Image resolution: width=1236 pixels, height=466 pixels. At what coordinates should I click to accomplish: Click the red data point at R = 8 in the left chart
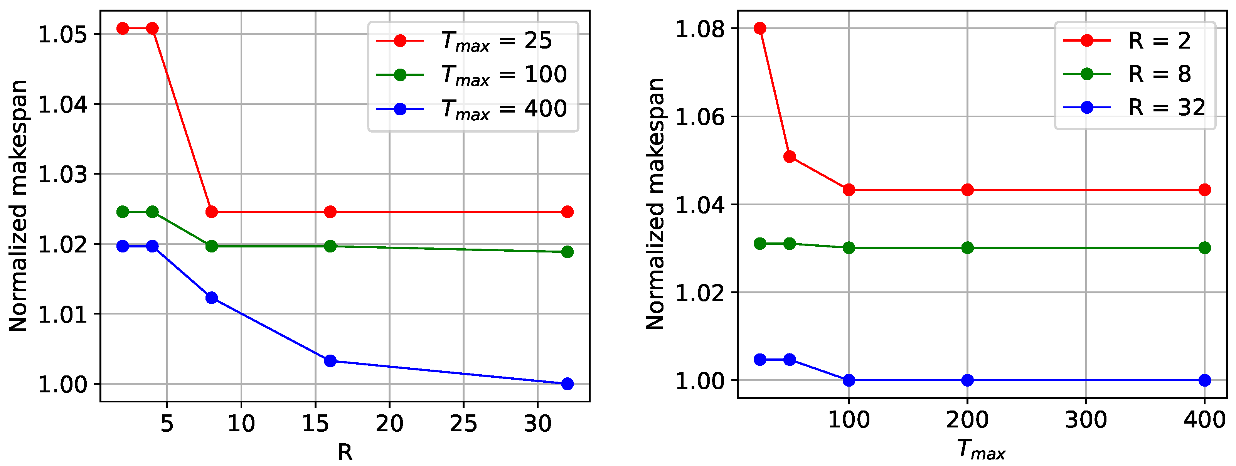tap(212, 212)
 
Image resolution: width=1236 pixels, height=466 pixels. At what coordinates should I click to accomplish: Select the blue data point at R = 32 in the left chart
tap(567, 384)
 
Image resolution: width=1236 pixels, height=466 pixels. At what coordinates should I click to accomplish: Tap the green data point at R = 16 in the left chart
tap(330, 246)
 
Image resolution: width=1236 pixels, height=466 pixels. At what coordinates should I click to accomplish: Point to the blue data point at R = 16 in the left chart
tap(330, 360)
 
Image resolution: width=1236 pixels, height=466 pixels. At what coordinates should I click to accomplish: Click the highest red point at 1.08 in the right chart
tap(760, 28)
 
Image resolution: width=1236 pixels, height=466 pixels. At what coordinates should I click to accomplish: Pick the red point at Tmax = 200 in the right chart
tap(967, 190)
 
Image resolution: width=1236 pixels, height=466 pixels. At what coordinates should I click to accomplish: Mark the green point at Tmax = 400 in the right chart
tap(1204, 247)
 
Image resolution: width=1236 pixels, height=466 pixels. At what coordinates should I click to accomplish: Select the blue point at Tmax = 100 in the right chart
tap(849, 380)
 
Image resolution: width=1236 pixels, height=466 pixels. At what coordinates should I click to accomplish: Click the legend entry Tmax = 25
tap(496, 41)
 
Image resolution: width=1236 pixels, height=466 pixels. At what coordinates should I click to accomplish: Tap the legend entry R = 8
tap(1159, 74)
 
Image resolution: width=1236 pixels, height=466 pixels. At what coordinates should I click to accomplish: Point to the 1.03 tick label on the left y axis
tap(63, 175)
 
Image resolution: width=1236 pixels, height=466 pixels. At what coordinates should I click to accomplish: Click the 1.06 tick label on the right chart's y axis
tap(700, 117)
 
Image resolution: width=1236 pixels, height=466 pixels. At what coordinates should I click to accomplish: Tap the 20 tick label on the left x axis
tap(389, 423)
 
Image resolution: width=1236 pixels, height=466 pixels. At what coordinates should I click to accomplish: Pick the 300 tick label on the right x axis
tap(1086, 420)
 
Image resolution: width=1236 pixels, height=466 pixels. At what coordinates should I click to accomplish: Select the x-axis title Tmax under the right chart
tap(981, 450)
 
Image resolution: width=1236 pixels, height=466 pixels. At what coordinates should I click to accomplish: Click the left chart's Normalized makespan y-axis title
tap(18, 206)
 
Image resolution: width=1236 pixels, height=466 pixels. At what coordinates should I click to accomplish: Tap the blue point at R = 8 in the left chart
tap(212, 298)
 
